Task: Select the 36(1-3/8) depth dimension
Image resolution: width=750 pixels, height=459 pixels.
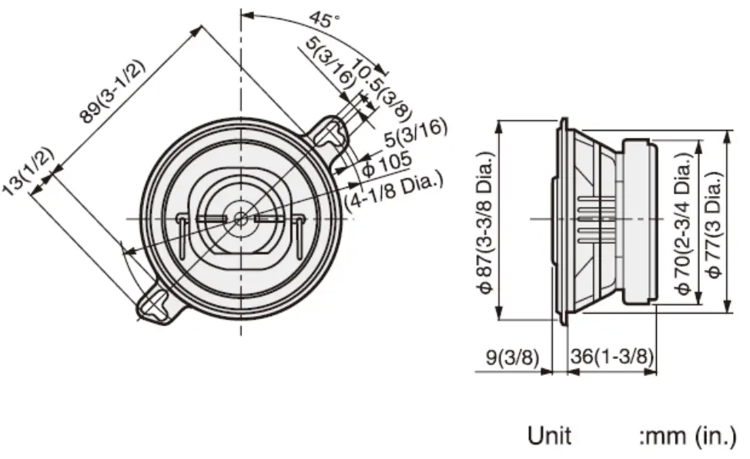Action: click(612, 357)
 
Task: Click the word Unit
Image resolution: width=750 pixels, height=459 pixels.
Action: click(549, 436)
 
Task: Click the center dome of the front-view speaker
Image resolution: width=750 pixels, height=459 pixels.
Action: click(241, 218)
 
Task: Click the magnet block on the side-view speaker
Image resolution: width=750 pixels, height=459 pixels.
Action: click(639, 221)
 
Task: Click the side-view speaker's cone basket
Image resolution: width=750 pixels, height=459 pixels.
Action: click(589, 221)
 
